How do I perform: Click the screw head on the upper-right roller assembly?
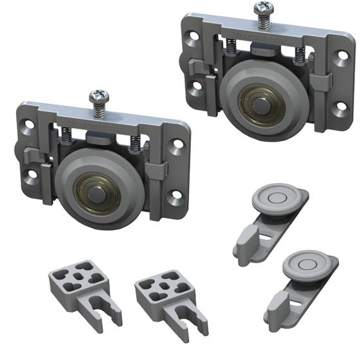click(262, 9)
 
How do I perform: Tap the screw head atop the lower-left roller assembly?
click(99, 96)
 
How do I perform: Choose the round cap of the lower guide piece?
click(307, 263)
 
